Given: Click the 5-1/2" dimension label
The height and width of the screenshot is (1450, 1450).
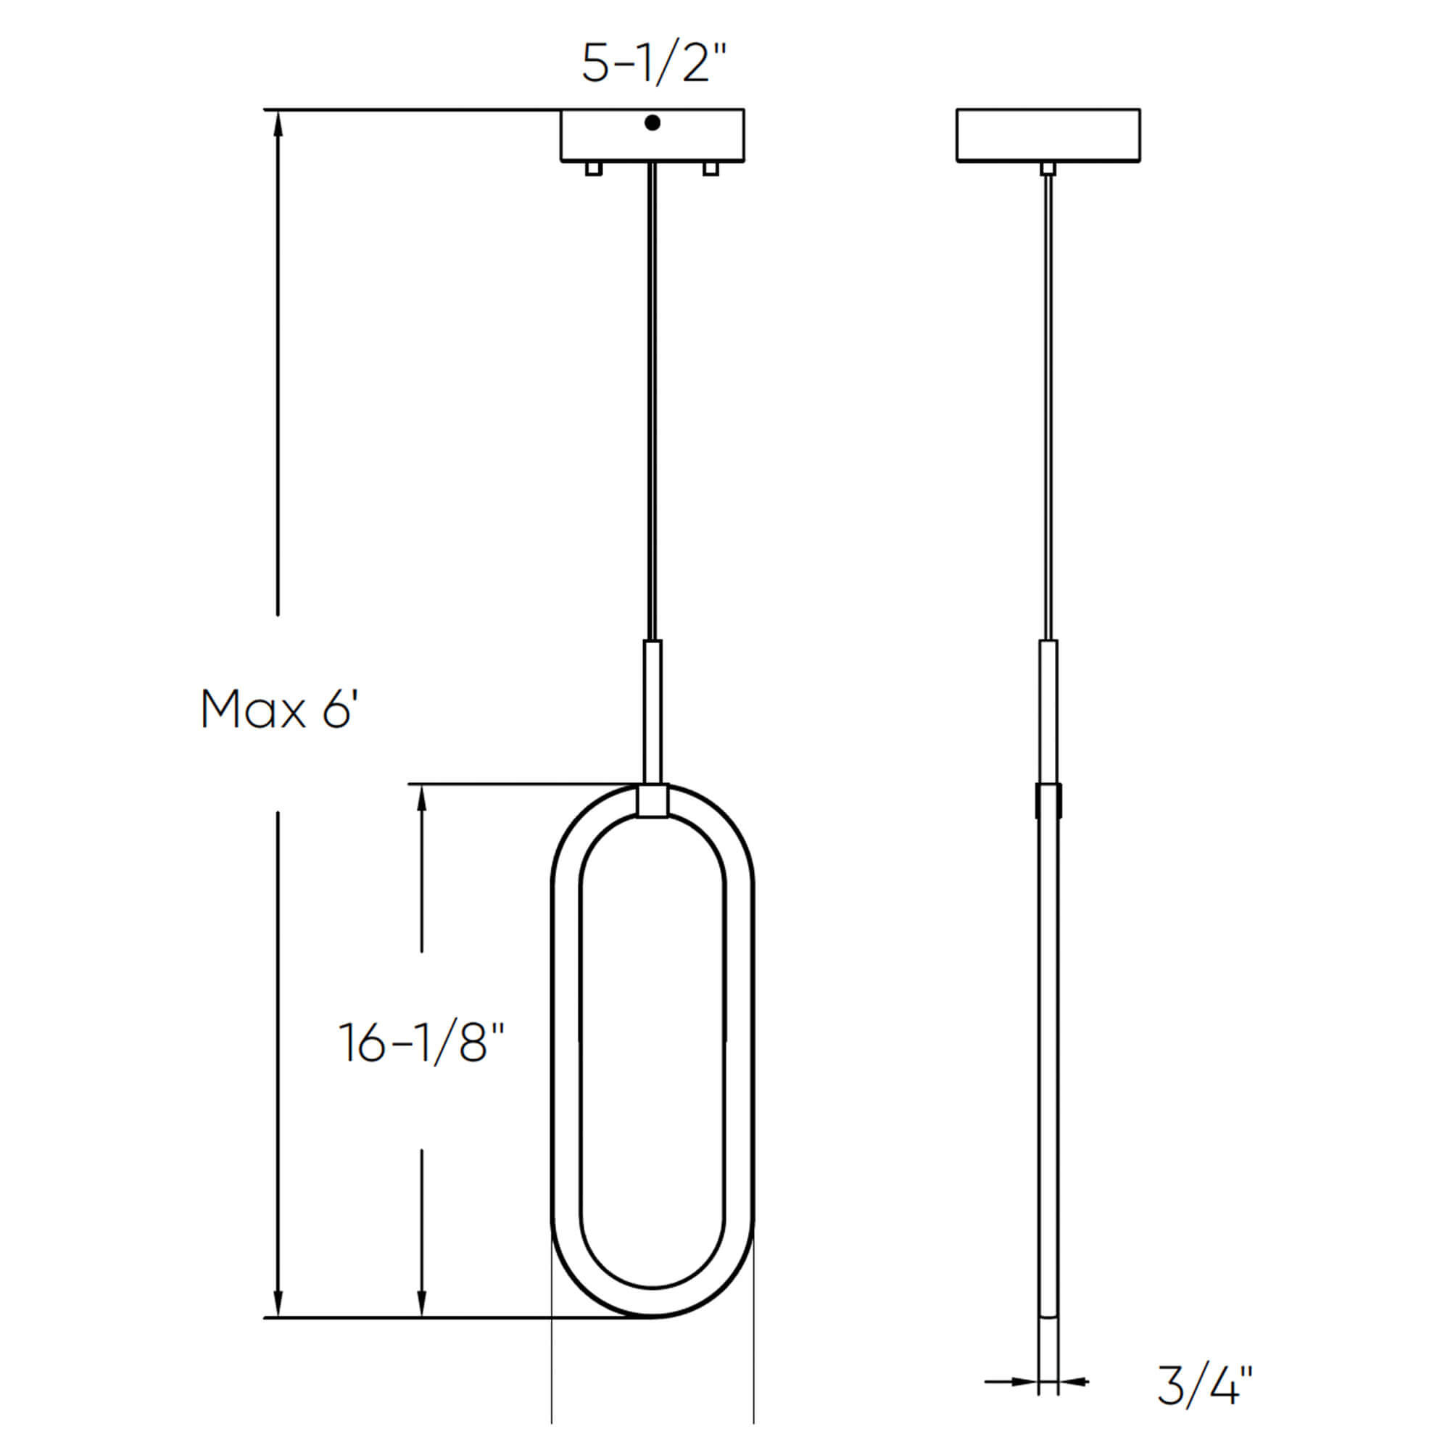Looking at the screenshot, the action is coord(655,63).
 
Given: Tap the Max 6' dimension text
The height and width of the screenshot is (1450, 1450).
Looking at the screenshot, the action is coord(279,709).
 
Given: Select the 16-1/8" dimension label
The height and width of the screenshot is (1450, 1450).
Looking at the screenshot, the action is coord(422,1043).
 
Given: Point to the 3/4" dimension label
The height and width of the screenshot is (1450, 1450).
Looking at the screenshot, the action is coord(1204,1385).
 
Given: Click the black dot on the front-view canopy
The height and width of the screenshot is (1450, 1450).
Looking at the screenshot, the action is coord(652,123).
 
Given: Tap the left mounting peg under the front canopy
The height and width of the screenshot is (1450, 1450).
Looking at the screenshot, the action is coord(593,169).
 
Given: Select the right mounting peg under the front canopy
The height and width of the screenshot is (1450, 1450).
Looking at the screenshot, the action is coord(710,169).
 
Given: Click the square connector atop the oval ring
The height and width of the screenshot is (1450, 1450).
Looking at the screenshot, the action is coord(652,800).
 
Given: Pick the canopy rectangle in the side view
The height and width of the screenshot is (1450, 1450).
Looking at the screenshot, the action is coord(1048,135).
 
